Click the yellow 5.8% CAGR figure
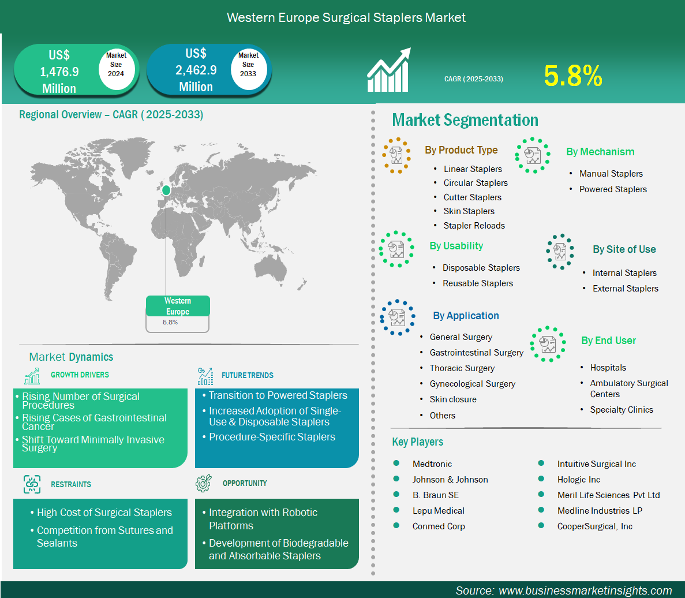tap(573, 76)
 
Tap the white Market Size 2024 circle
tap(116, 69)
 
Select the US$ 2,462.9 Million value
tap(196, 70)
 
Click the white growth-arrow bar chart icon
tap(389, 70)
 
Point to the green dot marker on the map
tap(166, 190)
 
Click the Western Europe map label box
tap(177, 313)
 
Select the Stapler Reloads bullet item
tap(474, 225)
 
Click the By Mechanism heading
tap(600, 152)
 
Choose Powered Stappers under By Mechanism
tap(613, 189)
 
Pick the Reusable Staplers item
tap(477, 283)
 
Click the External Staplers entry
tap(625, 288)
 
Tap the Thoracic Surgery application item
tap(462, 368)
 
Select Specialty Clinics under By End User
tap(621, 410)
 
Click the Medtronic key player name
tap(432, 464)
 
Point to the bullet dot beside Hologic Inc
tap(541, 479)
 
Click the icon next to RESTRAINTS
tap(32, 484)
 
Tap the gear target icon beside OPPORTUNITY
tap(204, 483)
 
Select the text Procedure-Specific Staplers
tap(272, 437)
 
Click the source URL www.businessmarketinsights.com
tap(585, 590)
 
